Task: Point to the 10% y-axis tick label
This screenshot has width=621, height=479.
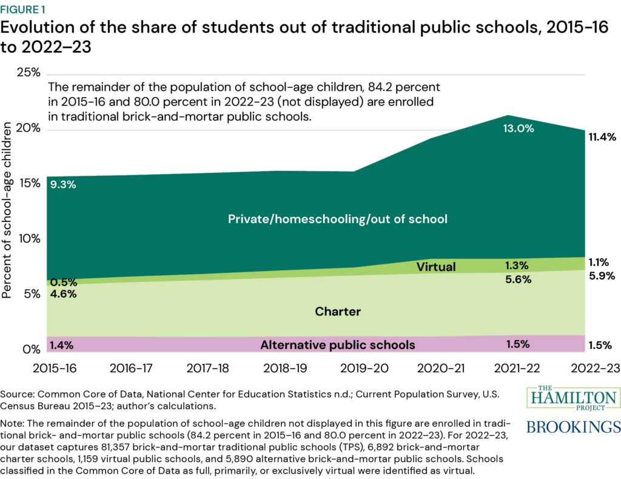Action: [28, 239]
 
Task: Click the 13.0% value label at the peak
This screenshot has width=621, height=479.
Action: [517, 129]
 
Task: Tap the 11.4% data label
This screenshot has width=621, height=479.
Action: [602, 138]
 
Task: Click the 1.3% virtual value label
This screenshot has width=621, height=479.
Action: [517, 265]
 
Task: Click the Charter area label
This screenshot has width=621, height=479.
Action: [338, 312]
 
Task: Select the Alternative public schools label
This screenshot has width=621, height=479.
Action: [338, 345]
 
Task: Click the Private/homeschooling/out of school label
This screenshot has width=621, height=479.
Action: [338, 219]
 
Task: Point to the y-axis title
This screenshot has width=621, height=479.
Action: [8, 210]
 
